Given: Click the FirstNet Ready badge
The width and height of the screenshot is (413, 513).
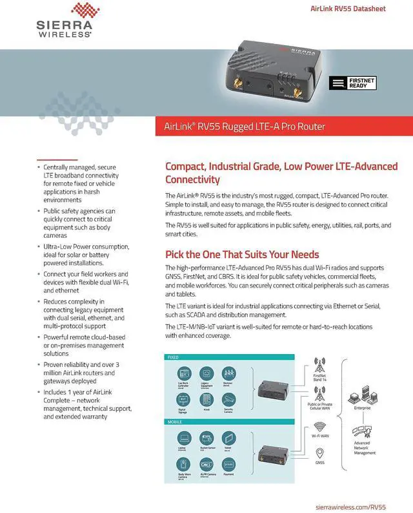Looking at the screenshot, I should pyautogui.click(x=351, y=83).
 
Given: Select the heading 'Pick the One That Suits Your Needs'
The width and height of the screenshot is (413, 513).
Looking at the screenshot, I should pyautogui.click(x=242, y=254).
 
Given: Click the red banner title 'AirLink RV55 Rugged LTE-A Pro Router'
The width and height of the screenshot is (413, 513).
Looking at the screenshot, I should pyautogui.click(x=240, y=126).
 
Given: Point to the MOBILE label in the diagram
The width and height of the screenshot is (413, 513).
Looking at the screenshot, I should pyautogui.click(x=176, y=422).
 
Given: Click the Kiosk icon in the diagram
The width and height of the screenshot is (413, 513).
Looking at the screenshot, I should pyautogui.click(x=206, y=400).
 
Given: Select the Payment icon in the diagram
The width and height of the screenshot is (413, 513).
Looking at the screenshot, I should pyautogui.click(x=229, y=465).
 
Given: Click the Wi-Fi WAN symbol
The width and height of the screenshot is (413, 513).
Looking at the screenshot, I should pyautogui.click(x=319, y=426).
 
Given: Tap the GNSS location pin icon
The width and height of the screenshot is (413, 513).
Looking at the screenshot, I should pyautogui.click(x=319, y=452).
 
